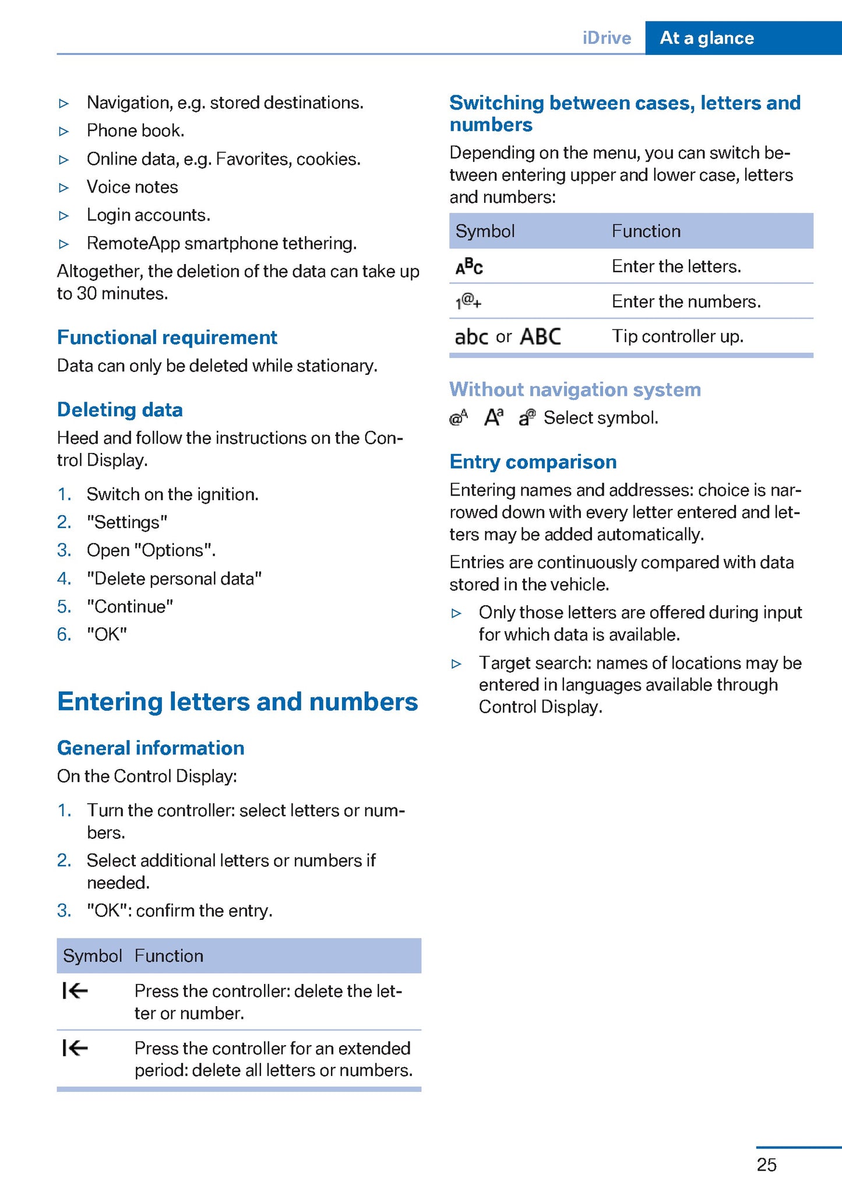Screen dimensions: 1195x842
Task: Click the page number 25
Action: [x=766, y=1164]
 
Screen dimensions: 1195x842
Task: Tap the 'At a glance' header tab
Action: [x=706, y=38]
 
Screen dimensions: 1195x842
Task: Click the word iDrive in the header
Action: [x=607, y=38]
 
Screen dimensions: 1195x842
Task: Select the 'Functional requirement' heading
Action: [x=167, y=338]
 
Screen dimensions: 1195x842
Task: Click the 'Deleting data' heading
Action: [x=119, y=410]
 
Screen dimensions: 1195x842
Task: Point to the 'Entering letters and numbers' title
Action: [x=237, y=701]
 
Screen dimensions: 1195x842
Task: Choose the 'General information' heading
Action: [x=150, y=748]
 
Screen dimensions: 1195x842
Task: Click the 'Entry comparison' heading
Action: [x=533, y=462]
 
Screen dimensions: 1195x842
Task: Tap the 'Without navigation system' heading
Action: [x=575, y=389]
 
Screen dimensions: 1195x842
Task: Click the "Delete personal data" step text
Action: [x=174, y=578]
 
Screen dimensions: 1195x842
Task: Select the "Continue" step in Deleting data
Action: [x=130, y=606]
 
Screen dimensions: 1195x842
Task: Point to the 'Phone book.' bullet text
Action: [x=135, y=131]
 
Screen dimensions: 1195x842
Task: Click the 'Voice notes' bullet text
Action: [x=132, y=187]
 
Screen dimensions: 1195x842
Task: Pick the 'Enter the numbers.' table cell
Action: [x=686, y=301]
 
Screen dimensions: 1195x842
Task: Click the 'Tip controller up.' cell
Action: [x=677, y=336]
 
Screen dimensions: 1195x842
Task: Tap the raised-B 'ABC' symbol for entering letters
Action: [x=469, y=266]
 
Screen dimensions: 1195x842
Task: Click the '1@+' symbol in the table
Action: [x=468, y=302]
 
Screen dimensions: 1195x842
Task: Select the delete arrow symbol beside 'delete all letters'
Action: [x=75, y=1049]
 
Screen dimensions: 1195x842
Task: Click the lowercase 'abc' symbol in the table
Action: [x=471, y=337]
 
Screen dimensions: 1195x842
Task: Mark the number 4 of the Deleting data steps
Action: [x=64, y=578]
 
